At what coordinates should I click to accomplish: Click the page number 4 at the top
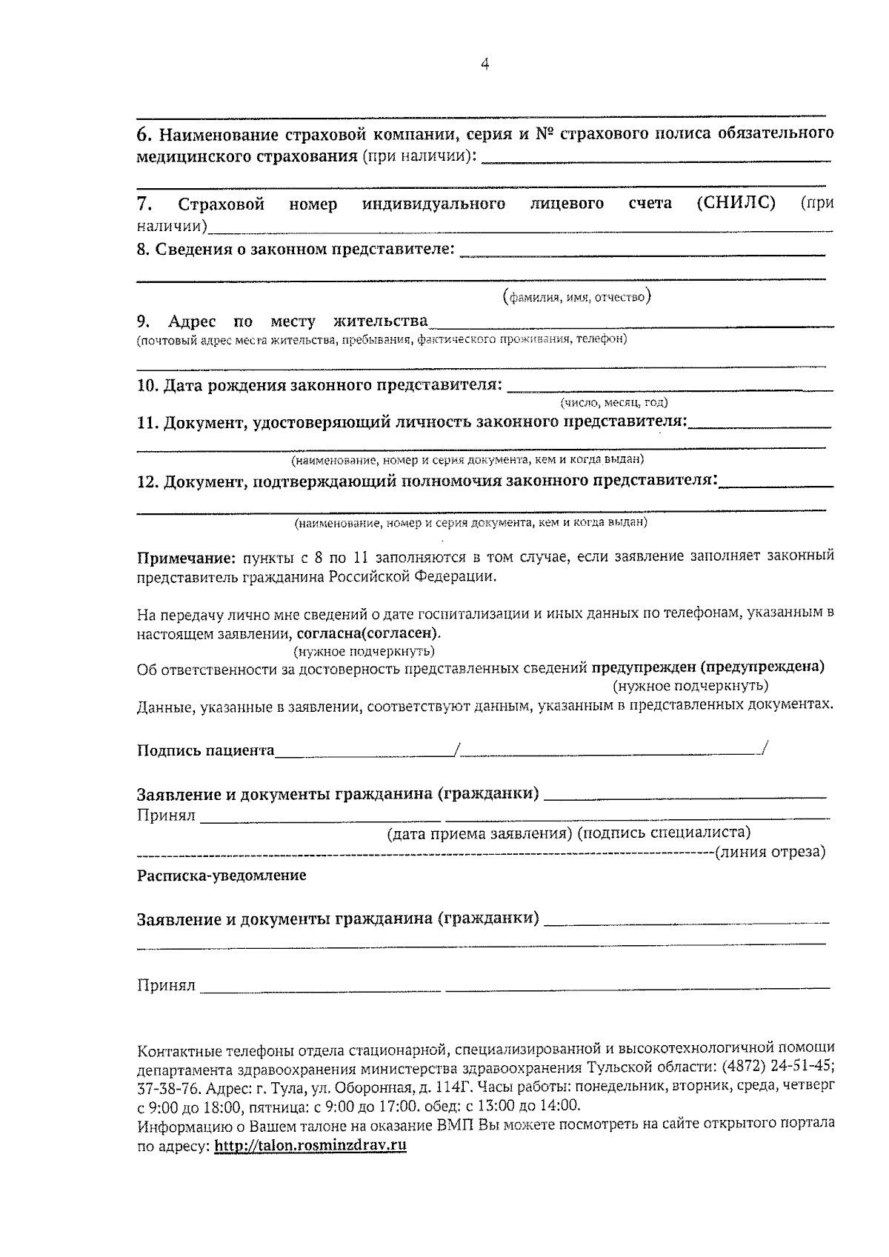pyautogui.click(x=485, y=64)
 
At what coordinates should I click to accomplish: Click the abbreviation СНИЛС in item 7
pyautogui.click(x=736, y=203)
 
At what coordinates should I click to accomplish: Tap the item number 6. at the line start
pyautogui.click(x=145, y=134)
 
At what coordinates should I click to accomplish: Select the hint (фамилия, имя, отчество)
pyautogui.click(x=576, y=298)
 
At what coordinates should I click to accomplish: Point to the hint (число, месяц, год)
pyautogui.click(x=614, y=402)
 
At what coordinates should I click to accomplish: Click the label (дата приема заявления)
pyautogui.click(x=479, y=833)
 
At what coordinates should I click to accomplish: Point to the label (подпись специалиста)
pyautogui.click(x=664, y=833)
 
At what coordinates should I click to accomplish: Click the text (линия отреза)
pyautogui.click(x=770, y=851)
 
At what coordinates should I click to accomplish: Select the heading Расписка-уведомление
pyautogui.click(x=222, y=876)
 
